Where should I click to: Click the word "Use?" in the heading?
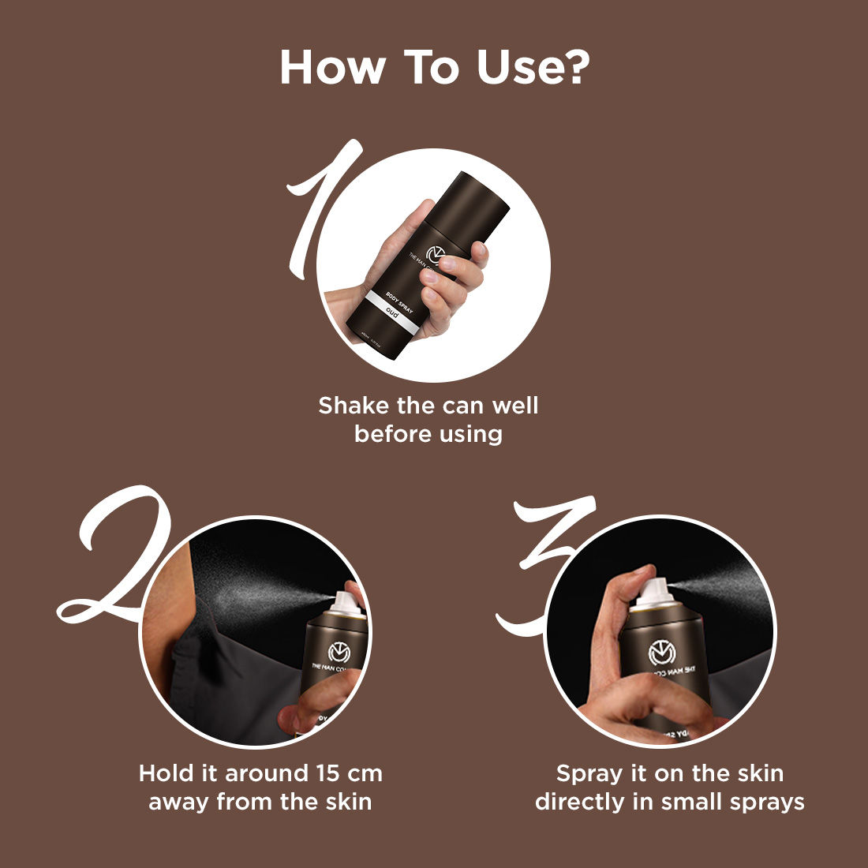(x=533, y=68)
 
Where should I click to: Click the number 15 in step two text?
(x=327, y=773)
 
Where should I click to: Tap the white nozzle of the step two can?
(x=348, y=602)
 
